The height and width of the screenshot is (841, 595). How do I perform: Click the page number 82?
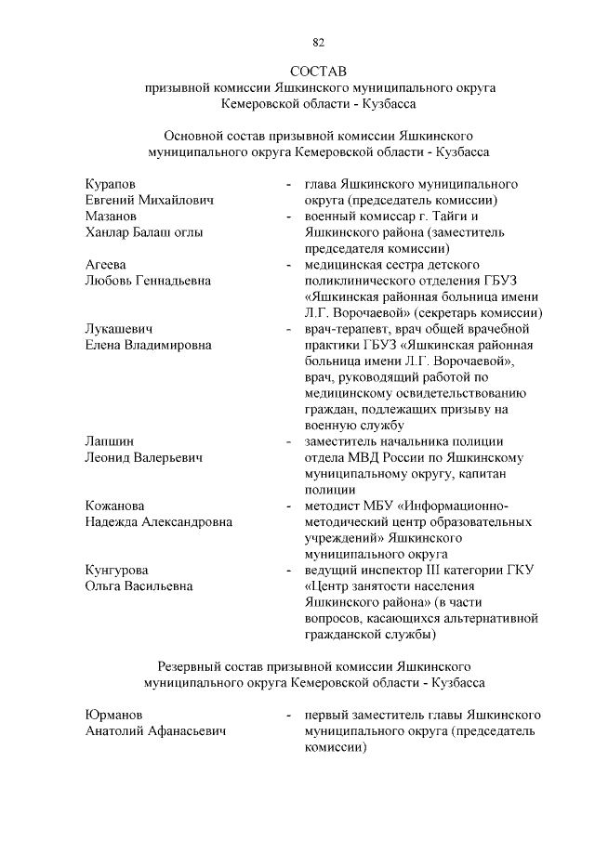tap(318, 42)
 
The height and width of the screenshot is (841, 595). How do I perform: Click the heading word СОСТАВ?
tap(318, 71)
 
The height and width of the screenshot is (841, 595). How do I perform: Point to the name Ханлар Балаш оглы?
tap(144, 232)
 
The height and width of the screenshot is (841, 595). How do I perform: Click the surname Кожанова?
tap(114, 506)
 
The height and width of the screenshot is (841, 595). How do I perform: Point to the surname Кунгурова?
tap(117, 570)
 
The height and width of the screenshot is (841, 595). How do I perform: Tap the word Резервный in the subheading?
tap(191, 666)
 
